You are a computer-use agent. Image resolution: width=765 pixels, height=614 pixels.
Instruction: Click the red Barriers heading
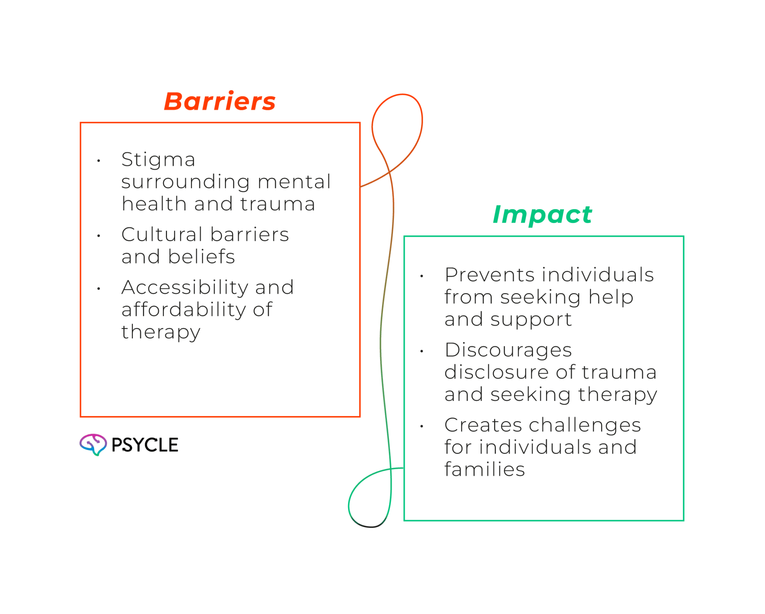tap(220, 101)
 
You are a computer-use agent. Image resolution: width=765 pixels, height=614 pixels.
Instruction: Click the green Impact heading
tap(542, 215)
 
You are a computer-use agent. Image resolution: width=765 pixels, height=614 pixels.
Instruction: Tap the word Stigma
tap(158, 160)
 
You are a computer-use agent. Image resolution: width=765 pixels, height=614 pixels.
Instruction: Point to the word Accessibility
tap(184, 288)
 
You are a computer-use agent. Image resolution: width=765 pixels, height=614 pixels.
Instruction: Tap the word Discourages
tap(508, 350)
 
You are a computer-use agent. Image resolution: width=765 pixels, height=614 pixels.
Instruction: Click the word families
tap(484, 470)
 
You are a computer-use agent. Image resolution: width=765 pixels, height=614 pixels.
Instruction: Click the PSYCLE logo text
tap(145, 445)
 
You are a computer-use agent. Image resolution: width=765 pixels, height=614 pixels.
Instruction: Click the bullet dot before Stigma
tap(99, 161)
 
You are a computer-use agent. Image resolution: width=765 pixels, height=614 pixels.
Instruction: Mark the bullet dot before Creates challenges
tap(422, 426)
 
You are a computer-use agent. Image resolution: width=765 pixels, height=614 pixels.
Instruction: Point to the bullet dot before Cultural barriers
tap(99, 236)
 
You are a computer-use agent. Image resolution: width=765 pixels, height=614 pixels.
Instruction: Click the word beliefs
tap(201, 257)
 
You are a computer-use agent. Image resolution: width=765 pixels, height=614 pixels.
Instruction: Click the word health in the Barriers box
tap(154, 204)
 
